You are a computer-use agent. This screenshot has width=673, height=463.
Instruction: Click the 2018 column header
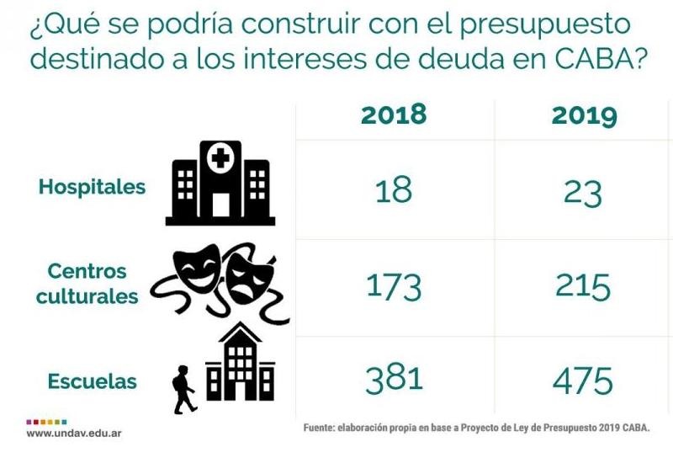coord(394,114)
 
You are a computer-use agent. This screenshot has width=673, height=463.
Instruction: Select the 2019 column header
coord(585,115)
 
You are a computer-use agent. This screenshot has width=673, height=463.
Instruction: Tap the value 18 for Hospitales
coord(394,190)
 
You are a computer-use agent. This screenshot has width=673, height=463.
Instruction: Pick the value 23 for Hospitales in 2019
coord(583,192)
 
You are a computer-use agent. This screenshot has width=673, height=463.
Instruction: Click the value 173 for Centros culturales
coord(394,287)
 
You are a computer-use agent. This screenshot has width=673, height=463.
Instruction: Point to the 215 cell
coord(583,287)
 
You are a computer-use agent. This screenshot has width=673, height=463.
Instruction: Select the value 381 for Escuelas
coord(394,381)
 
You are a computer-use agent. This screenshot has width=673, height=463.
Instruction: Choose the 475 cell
coord(583,381)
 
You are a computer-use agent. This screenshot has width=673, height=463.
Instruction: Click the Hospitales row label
coord(92,187)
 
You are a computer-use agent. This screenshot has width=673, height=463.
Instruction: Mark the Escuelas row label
coord(92,381)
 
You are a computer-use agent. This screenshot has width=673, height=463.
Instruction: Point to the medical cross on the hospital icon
coord(220,158)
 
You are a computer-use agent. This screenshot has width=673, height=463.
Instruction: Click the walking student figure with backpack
coord(183,390)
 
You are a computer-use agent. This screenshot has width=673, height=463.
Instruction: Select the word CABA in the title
coord(587,60)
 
